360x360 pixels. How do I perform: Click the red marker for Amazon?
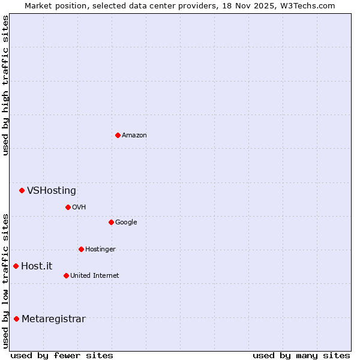click(x=118, y=135)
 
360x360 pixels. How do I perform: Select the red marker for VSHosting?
click(x=22, y=190)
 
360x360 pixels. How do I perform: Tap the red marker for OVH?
click(x=68, y=207)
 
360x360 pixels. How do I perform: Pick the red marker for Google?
click(x=111, y=222)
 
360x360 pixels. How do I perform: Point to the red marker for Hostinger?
click(x=81, y=249)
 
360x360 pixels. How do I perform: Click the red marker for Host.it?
click(x=16, y=266)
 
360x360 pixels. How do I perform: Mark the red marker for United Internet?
click(x=66, y=275)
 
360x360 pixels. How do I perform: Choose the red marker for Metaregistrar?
click(x=16, y=319)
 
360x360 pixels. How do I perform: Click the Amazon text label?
click(x=134, y=136)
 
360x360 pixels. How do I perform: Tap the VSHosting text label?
click(x=52, y=191)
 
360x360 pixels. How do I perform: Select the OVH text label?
click(x=79, y=208)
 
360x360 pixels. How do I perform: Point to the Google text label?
click(x=126, y=223)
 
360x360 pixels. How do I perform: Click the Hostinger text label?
click(x=100, y=250)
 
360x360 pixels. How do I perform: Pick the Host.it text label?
click(x=37, y=266)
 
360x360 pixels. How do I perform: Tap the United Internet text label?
click(x=94, y=276)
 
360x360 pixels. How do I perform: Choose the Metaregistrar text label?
click(x=53, y=319)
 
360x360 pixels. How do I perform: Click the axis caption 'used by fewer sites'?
click(x=62, y=355)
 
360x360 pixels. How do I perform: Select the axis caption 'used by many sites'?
click(x=301, y=355)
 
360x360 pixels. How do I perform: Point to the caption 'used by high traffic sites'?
click(x=5, y=85)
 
